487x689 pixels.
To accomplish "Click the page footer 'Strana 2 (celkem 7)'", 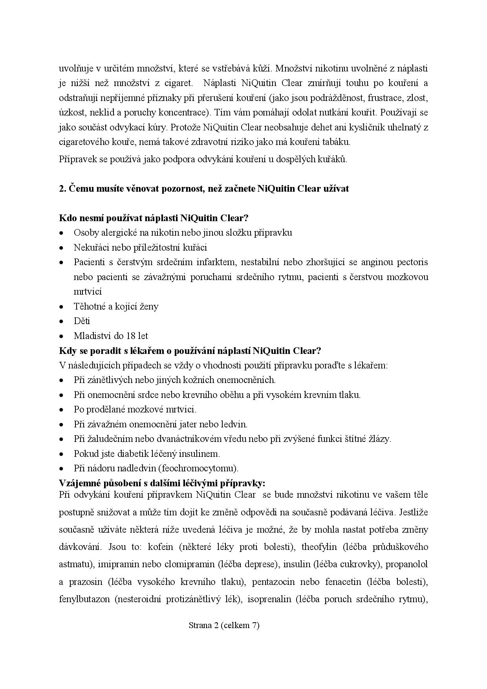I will pos(224,625).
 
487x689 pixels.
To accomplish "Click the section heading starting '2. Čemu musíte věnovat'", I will pos(204,189).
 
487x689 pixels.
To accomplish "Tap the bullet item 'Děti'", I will pos(82,321).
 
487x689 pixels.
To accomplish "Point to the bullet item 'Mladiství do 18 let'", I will pos(111,336).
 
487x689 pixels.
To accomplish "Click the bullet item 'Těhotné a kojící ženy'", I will pos(116,306).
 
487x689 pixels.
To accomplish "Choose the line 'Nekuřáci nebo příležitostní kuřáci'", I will pos(140,247).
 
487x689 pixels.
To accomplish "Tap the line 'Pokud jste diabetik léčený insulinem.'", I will pos(146,454).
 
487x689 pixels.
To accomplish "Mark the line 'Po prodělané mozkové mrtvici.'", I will pos(135,409).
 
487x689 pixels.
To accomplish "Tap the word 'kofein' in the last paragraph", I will pos(157,547).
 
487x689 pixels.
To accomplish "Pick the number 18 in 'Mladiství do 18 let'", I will pos(131,336).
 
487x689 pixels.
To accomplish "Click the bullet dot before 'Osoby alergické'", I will pos(61,233).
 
